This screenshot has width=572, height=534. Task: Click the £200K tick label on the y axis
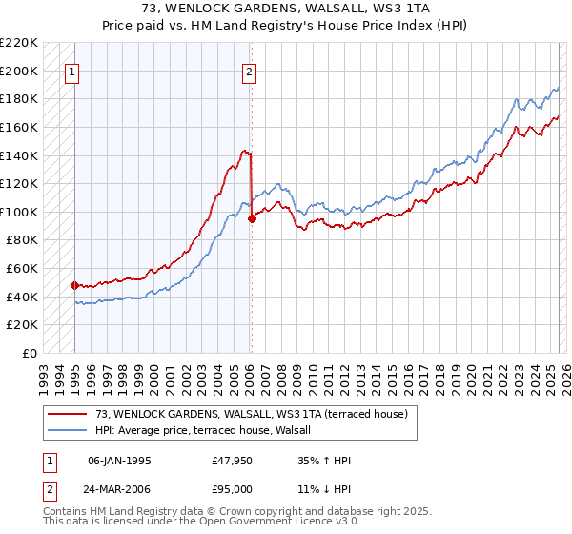pos(19,71)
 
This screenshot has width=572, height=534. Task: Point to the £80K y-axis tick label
pos(22,240)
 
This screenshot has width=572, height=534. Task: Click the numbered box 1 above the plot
pos(73,71)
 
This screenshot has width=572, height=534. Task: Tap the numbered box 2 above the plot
pos(249,71)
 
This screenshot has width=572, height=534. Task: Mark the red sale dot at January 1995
pos(74,285)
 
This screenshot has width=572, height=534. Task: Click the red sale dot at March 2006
pos(252,218)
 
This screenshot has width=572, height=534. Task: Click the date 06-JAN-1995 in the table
pos(118,462)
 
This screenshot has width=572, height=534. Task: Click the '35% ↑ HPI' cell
pos(325,462)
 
